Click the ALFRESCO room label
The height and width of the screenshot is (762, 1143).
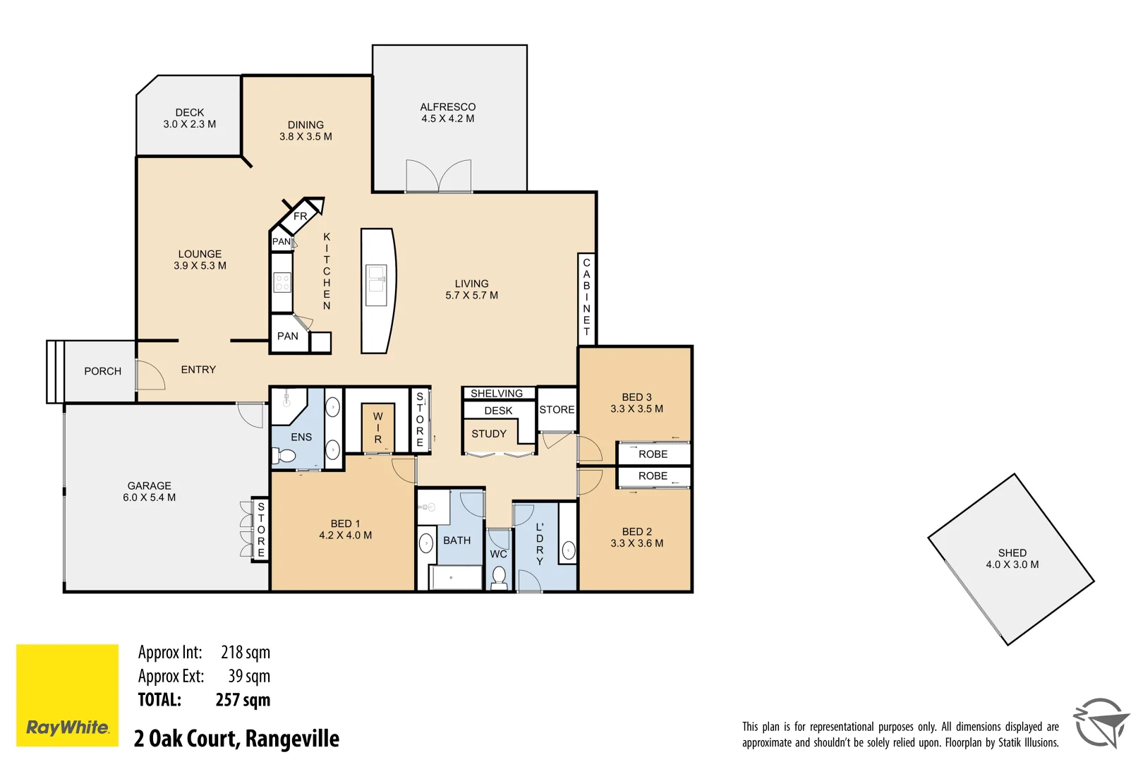coord(447,107)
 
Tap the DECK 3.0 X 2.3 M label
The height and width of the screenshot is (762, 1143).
coord(189,119)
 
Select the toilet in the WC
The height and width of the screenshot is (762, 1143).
coord(499,576)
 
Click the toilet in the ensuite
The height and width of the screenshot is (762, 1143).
coord(285,456)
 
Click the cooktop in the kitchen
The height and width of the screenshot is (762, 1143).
coord(282,282)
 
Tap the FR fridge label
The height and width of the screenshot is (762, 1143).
coord(301,216)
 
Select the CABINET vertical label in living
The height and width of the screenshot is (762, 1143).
coord(586,297)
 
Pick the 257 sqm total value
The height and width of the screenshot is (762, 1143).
coord(243,700)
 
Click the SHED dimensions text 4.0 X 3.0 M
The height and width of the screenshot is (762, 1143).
coord(1012,564)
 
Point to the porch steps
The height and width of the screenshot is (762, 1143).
coord(55,372)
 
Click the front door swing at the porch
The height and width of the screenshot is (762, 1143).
coord(150,375)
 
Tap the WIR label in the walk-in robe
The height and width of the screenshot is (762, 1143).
coord(377,428)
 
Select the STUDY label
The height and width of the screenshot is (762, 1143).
coord(488,434)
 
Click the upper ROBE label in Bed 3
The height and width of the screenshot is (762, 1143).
coord(653,454)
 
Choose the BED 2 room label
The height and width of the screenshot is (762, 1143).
coord(636,531)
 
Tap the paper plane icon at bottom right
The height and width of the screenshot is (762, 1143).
coord(1101,723)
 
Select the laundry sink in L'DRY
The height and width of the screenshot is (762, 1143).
coord(569,550)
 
